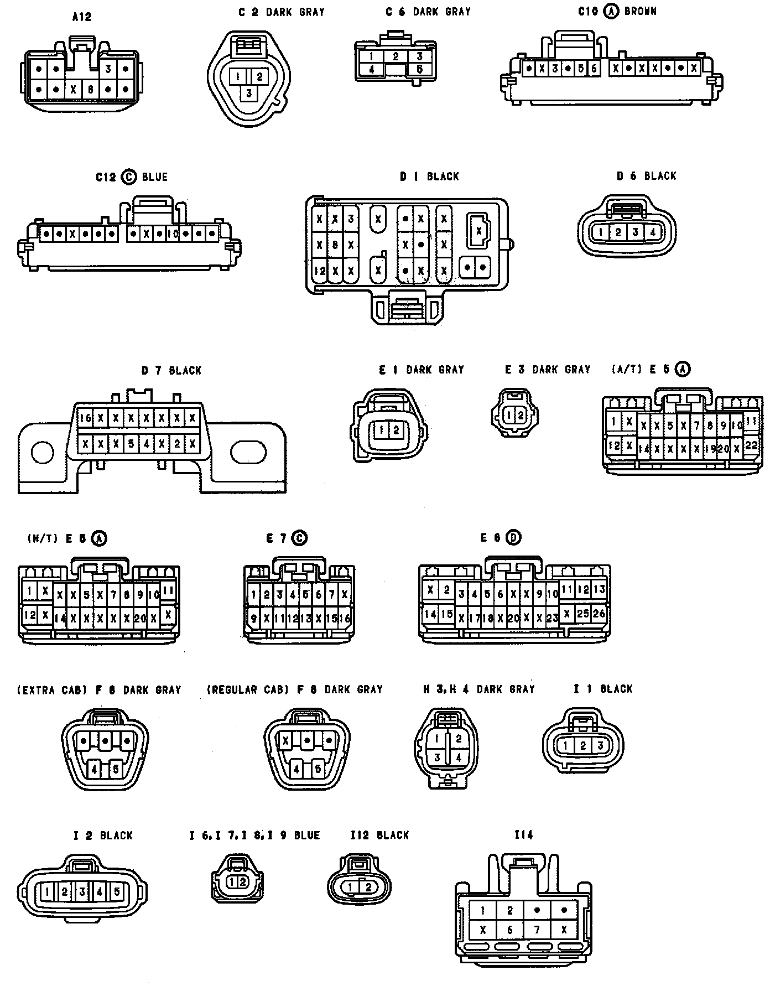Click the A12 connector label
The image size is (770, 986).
pyautogui.click(x=81, y=17)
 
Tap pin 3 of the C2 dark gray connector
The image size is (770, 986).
pyautogui.click(x=249, y=93)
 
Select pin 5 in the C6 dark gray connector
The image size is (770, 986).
pyautogui.click(x=419, y=70)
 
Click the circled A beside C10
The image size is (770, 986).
pyautogui.click(x=611, y=11)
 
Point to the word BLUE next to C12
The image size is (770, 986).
pyautogui.click(x=154, y=177)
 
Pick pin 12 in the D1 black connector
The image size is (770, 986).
pyautogui.click(x=319, y=271)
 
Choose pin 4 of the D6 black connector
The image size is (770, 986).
pyautogui.click(x=653, y=233)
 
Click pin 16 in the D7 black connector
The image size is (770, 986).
pyautogui.click(x=85, y=418)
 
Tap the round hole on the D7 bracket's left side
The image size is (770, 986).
pyautogui.click(x=43, y=453)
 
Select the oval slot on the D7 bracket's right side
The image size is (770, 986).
pyautogui.click(x=248, y=453)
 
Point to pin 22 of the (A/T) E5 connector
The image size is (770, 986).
pyautogui.click(x=751, y=445)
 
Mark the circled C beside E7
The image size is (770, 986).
pyautogui.click(x=300, y=537)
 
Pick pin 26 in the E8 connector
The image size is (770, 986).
pyautogui.click(x=599, y=613)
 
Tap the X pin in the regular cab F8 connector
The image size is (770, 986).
pyautogui.click(x=286, y=740)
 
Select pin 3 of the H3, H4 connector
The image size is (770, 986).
pyautogui.click(x=437, y=757)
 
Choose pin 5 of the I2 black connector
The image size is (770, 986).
pyautogui.click(x=117, y=891)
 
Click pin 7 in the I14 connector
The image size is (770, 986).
pyautogui.click(x=537, y=930)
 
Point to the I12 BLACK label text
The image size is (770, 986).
pyautogui.click(x=379, y=835)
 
